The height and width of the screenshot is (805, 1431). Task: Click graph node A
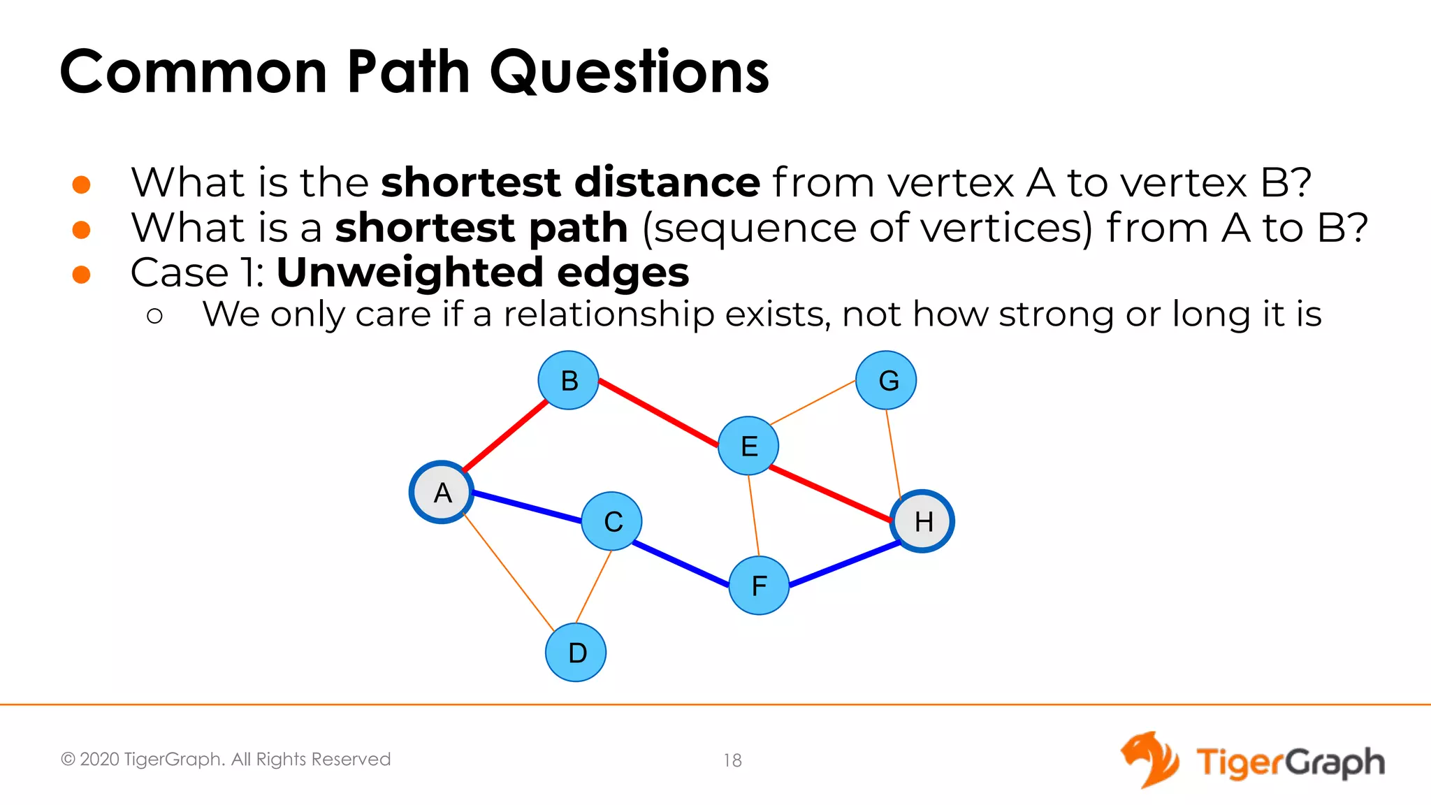[x=442, y=493]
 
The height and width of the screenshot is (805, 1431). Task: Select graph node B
[x=569, y=380]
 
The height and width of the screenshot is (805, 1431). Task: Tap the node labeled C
[x=612, y=521]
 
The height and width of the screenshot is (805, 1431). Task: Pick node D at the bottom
[x=576, y=653]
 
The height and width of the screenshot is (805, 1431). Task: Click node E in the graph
[x=748, y=446]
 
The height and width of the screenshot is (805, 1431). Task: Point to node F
[x=759, y=586]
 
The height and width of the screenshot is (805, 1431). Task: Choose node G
[x=887, y=380]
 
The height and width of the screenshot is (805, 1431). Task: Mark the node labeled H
[x=922, y=521]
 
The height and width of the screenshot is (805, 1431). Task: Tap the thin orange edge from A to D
[x=509, y=572]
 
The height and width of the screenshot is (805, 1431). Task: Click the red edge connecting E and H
[x=830, y=494]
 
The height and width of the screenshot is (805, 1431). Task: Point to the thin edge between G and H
[x=894, y=451]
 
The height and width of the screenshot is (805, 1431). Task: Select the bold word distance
[x=667, y=182]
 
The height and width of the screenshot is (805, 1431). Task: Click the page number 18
[x=732, y=760]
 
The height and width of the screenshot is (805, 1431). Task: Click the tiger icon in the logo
[x=1150, y=760]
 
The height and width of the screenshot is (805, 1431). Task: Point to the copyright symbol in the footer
[x=68, y=760]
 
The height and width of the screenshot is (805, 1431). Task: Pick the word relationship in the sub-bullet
[x=609, y=314]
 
